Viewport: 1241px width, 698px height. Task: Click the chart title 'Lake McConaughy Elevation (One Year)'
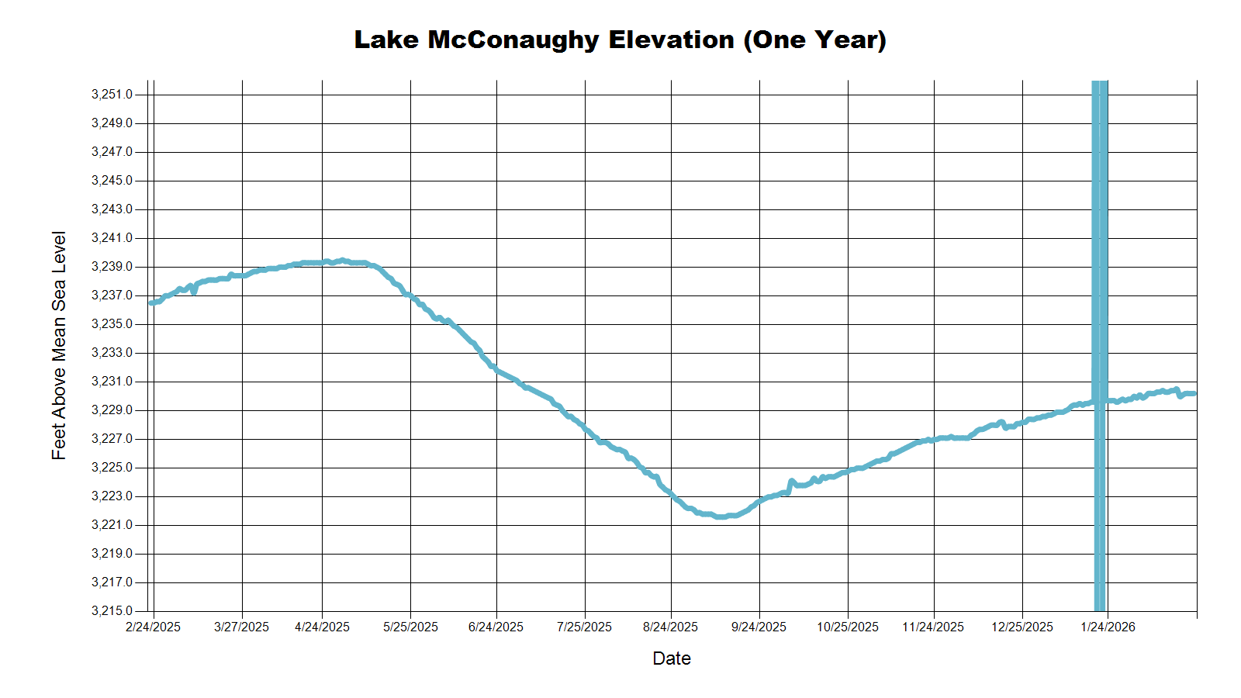pos(620,40)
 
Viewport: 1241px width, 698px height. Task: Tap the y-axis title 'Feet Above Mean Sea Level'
pos(59,345)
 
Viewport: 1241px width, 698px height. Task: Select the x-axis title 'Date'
pos(671,658)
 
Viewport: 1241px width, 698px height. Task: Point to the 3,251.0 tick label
pos(112,95)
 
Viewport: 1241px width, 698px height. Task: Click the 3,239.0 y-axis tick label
pos(112,267)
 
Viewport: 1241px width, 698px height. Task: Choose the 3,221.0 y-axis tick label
pos(112,525)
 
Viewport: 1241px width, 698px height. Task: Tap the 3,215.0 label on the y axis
pos(112,611)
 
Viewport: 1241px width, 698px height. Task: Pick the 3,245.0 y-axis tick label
pos(112,181)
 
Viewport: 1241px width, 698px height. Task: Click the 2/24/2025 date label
pos(153,627)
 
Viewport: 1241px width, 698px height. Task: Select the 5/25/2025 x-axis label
pos(410,627)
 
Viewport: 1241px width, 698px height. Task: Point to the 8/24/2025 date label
pos(670,627)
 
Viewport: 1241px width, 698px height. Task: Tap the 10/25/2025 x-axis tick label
pos(847,627)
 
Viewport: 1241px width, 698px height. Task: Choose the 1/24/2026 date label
pos(1108,627)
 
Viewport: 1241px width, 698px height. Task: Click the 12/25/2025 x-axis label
pos(1021,627)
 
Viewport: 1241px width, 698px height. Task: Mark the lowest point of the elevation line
pos(721,517)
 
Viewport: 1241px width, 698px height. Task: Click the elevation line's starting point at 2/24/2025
pos(151,302)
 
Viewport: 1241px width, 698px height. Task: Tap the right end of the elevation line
pos(1194,393)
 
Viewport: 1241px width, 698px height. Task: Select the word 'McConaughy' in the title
pos(513,40)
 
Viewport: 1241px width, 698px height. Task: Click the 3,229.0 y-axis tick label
pos(112,410)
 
